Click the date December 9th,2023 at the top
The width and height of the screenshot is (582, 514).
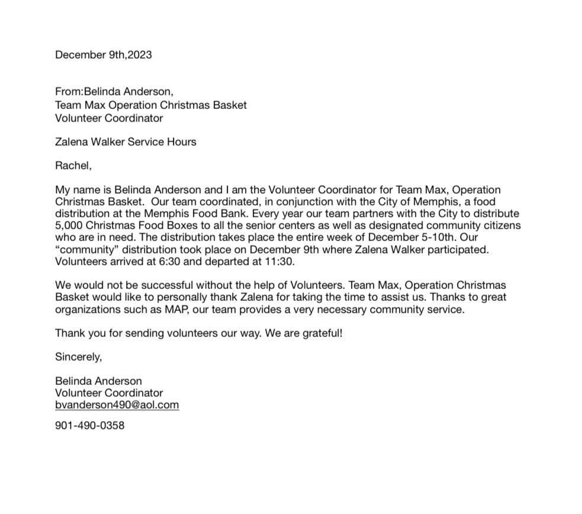[x=103, y=55]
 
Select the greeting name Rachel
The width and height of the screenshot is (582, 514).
[x=73, y=166]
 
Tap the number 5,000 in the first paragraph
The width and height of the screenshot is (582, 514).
[x=69, y=226]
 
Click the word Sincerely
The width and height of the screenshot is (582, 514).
[x=78, y=357]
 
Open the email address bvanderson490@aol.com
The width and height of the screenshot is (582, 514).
[x=117, y=405]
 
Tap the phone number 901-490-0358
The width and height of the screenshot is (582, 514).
[x=89, y=426]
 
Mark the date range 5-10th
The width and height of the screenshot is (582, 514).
[x=440, y=237]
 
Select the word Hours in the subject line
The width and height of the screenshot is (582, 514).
[x=181, y=142]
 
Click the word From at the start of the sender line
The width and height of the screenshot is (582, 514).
[x=67, y=92]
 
